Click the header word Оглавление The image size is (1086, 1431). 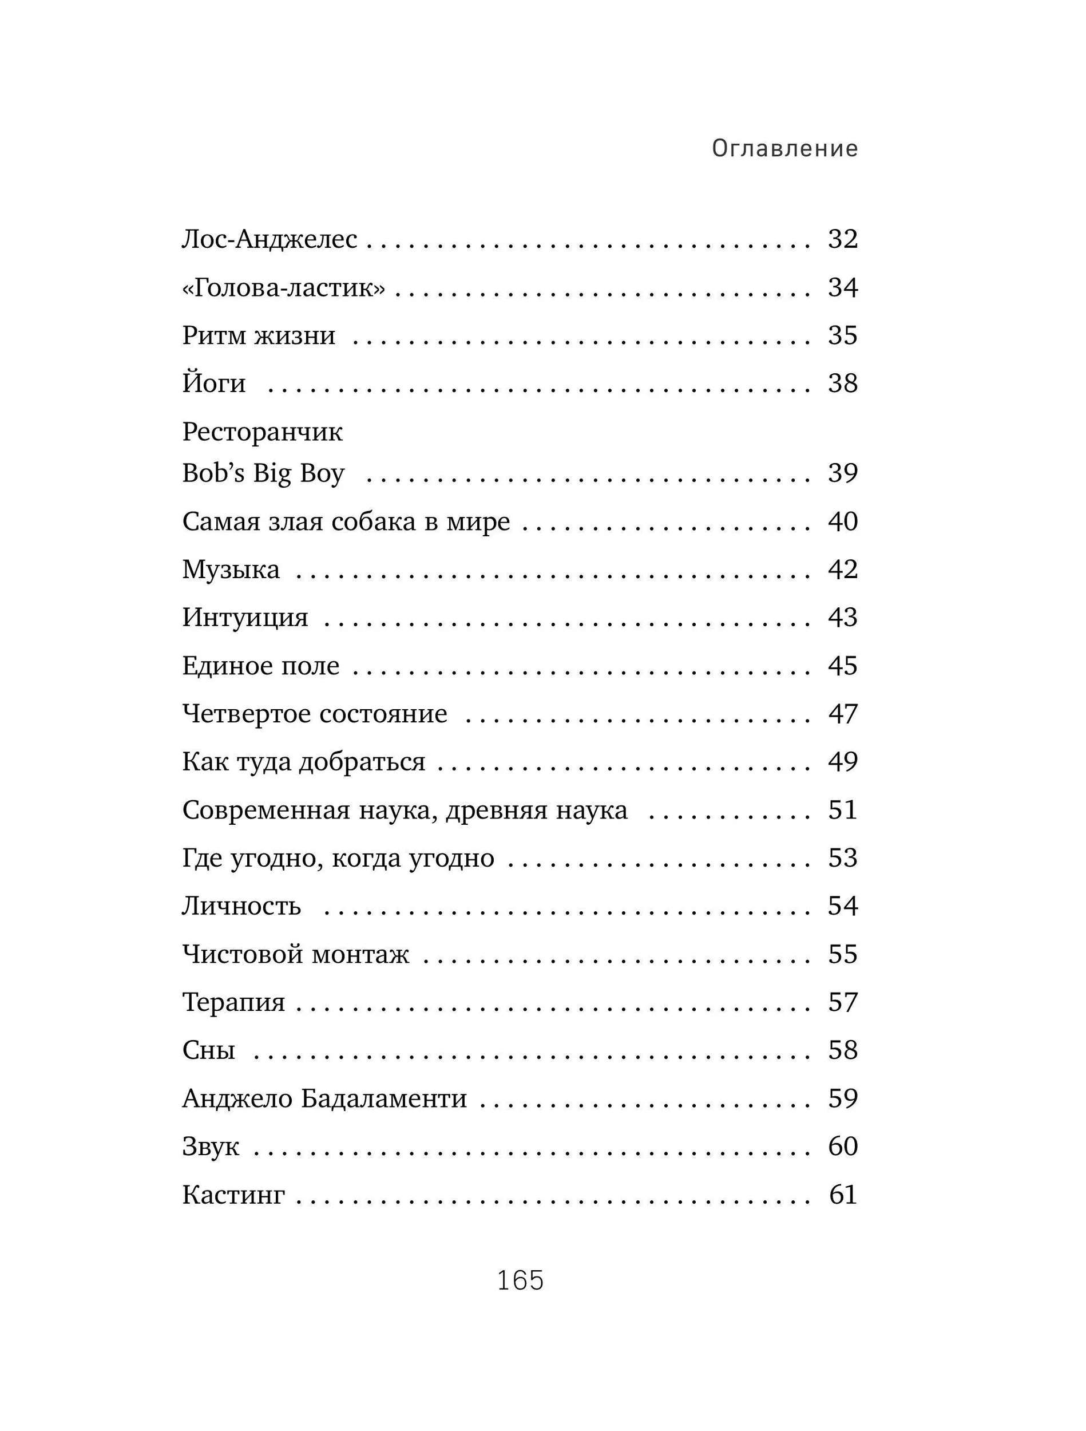(x=784, y=149)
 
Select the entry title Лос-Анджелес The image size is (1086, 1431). (x=269, y=239)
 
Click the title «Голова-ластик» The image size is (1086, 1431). (x=283, y=287)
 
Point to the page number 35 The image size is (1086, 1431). (x=842, y=335)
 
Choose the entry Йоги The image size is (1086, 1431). (x=214, y=383)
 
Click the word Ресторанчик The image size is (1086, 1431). (x=262, y=432)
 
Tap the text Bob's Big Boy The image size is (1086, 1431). (x=263, y=473)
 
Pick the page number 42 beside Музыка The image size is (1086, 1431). (x=842, y=570)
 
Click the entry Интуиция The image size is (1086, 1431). (x=245, y=617)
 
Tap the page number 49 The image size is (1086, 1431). (x=842, y=761)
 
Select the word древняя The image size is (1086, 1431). (x=487, y=810)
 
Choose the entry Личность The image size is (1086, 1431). (x=241, y=906)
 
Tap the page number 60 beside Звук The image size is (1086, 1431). (x=842, y=1146)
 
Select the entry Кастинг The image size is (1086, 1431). (x=233, y=1194)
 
